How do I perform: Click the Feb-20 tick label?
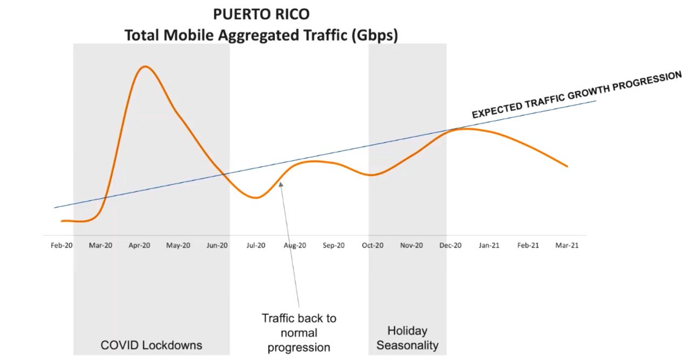pos(62,245)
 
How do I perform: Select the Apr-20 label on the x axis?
pos(139,245)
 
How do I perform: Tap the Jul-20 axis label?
pos(256,245)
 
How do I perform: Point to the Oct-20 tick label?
pos(372,245)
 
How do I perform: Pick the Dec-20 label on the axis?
pos(450,245)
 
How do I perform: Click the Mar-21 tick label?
pos(567,245)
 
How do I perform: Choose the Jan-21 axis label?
pos(489,245)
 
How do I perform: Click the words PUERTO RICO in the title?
pos(261,13)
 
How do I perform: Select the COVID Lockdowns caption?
pos(151,345)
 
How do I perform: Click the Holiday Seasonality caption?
pos(407,338)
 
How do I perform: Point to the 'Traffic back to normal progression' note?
pos(299,332)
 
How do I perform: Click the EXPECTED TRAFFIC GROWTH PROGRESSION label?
pos(577,95)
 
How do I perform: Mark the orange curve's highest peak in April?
pos(144,66)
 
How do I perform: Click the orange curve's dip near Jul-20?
pos(256,198)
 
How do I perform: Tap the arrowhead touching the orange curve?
pos(281,184)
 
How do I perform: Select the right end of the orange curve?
pos(567,166)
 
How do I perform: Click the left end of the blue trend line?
pos(55,207)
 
